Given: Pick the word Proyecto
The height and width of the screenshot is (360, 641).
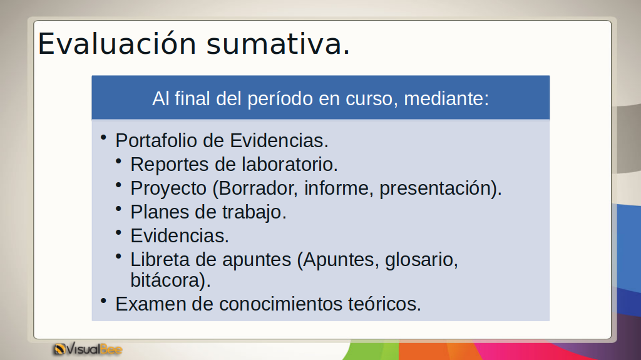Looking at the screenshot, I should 168,188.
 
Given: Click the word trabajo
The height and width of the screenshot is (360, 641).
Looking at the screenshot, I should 254,212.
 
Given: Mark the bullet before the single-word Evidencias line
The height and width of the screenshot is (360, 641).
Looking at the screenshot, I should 119,233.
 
